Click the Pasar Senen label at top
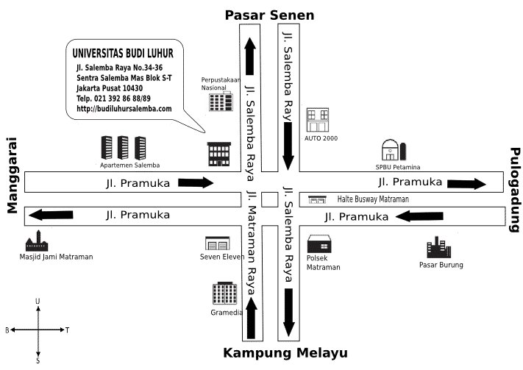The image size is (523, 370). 269,15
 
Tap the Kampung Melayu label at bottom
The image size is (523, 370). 285,353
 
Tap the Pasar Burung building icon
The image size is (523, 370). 440,246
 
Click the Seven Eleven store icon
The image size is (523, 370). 216,243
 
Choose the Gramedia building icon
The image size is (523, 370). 224,293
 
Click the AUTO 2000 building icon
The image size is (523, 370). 319,120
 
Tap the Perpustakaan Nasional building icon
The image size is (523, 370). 220,101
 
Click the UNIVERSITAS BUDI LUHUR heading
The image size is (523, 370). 123,54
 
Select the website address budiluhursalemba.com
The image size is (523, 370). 124,108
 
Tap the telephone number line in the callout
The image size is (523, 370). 113,99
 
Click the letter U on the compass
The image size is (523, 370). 38,302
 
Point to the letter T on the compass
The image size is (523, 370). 67,330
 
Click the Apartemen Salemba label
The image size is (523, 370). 130,166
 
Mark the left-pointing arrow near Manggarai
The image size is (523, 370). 46,216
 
